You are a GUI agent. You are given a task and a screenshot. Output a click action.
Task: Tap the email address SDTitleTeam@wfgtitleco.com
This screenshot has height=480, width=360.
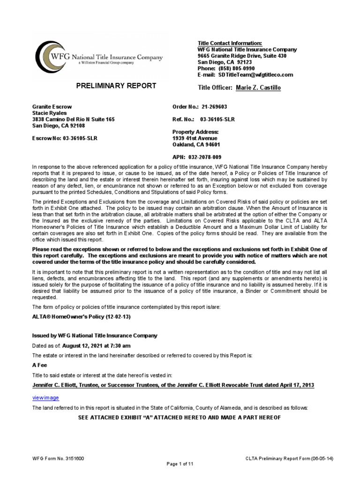pyautogui.click(x=255, y=75)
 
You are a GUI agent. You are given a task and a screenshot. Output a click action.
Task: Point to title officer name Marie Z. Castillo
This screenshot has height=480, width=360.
pyautogui.click(x=258, y=88)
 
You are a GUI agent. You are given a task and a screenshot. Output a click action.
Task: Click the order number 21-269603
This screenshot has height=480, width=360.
pyautogui.click(x=217, y=107)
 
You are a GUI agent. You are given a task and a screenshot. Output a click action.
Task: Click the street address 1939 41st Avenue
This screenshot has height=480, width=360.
pyautogui.click(x=195, y=138)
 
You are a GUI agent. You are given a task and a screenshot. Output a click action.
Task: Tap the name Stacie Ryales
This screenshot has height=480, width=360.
pyautogui.click(x=49, y=113)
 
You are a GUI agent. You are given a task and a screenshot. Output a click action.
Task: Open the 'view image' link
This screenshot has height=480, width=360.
pyautogui.click(x=45, y=397)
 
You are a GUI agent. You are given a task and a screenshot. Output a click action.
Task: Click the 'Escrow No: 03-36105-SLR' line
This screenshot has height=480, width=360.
pyautogui.click(x=64, y=138)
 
